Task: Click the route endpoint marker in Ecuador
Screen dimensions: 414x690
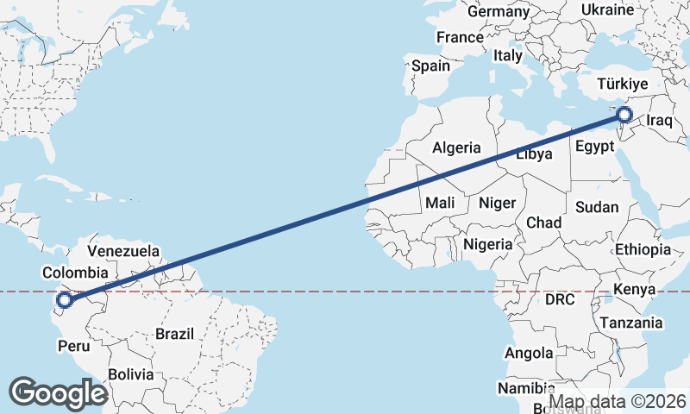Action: coord(63,300)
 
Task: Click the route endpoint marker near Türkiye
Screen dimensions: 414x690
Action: coord(624,114)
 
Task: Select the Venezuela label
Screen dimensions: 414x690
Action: coord(124,251)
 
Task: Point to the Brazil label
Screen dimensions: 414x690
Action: coord(176,334)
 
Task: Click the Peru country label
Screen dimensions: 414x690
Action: coord(73,346)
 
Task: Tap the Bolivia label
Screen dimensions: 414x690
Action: coord(131,374)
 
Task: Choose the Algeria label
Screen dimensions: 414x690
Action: coord(456,147)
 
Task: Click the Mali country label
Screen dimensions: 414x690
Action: coord(440,204)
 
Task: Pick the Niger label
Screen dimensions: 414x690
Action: coord(497,204)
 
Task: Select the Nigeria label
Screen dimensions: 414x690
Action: coord(488,244)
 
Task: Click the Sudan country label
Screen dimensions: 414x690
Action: coord(597,207)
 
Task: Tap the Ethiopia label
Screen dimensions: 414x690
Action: coord(643,249)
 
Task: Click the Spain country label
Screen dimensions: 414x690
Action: coord(430,66)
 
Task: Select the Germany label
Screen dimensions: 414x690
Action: coord(498,11)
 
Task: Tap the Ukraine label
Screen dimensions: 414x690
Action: coord(608,9)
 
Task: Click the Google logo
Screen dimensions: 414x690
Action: coord(58,393)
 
